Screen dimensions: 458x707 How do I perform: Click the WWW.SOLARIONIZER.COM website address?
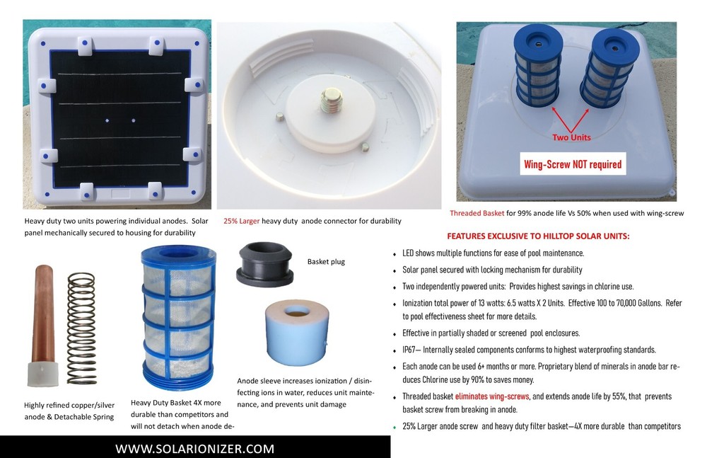coord(194,449)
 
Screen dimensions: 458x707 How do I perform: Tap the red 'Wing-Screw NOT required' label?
coord(573,164)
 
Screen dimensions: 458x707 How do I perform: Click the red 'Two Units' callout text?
coord(572,137)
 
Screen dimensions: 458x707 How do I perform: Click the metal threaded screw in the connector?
coord(330,101)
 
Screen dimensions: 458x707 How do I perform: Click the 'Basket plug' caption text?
coord(326,261)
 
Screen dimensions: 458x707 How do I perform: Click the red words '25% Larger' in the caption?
coord(241,221)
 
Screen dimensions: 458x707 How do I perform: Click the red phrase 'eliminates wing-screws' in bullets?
coord(493,396)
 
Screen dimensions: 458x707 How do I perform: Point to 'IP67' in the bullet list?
coord(410,350)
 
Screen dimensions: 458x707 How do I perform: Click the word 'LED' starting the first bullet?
coord(409,253)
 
